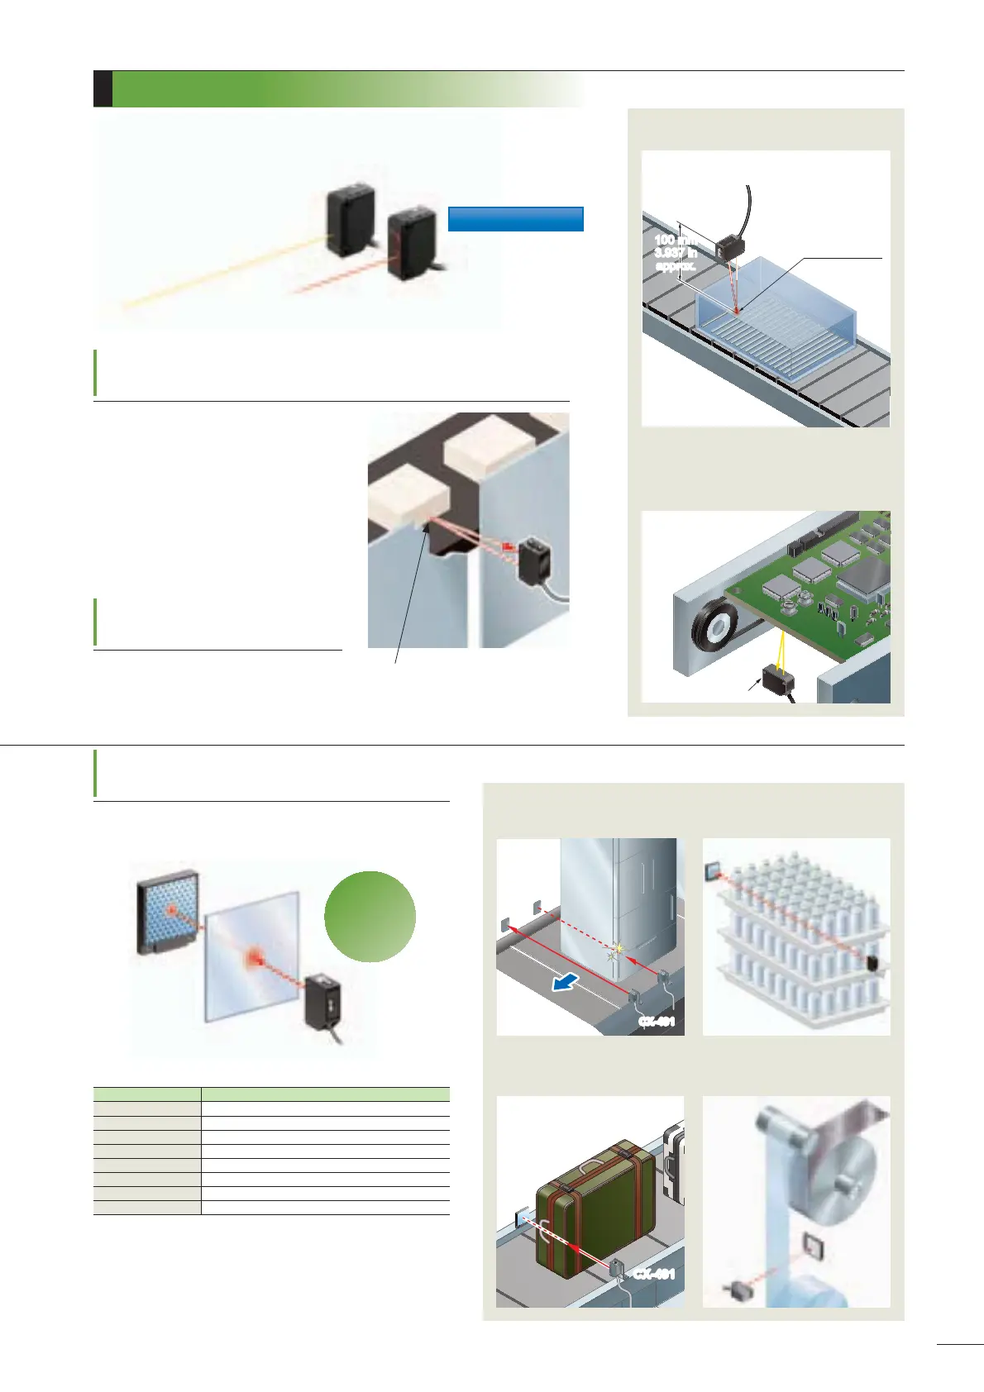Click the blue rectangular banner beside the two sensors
[x=515, y=218]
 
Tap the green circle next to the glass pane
[x=370, y=916]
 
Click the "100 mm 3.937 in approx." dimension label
[x=675, y=253]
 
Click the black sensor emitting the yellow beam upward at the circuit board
[x=778, y=680]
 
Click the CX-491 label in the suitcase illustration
[x=654, y=1274]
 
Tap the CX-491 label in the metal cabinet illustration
[x=657, y=1022]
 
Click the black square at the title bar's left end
[x=103, y=89]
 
